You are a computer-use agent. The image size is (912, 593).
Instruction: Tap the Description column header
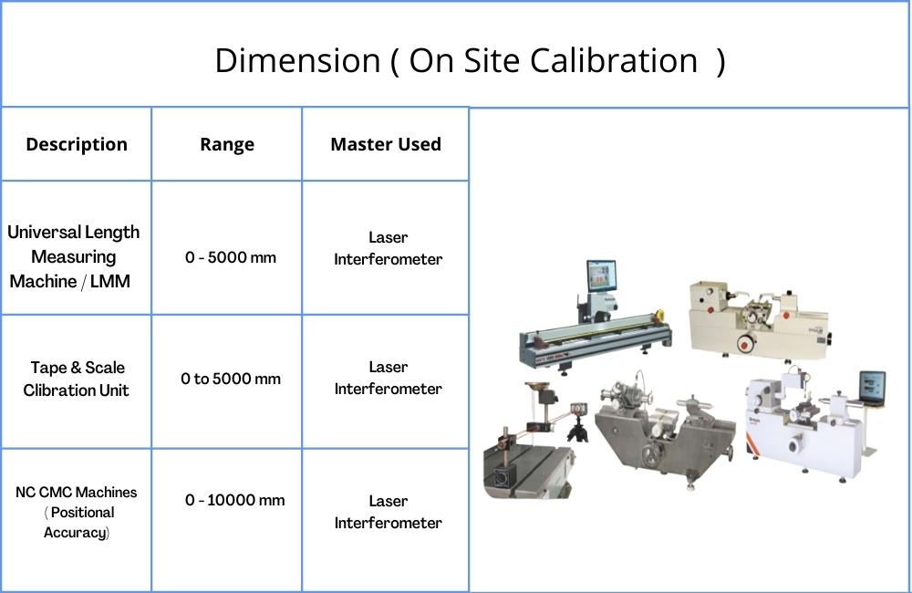point(77,144)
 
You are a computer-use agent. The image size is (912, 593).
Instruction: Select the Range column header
point(227,145)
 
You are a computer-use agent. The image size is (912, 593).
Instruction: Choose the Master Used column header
point(386,144)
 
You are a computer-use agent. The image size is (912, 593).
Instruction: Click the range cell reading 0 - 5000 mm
point(231,257)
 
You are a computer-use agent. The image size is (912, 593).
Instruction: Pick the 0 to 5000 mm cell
point(231,379)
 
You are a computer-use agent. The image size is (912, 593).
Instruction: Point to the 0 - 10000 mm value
point(235,500)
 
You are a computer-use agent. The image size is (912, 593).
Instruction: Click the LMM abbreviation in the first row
point(110,281)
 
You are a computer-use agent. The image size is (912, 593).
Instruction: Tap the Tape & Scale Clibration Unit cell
point(77,379)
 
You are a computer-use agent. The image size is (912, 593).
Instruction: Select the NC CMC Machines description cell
point(77,512)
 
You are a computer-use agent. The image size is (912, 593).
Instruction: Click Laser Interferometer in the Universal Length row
point(388,248)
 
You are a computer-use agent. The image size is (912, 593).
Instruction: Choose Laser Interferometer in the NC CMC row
point(388,512)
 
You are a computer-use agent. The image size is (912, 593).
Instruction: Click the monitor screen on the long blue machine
point(600,276)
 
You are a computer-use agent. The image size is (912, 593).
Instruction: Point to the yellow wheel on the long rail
point(658,315)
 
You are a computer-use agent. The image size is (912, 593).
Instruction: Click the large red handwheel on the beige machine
point(744,343)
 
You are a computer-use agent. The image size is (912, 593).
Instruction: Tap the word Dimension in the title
point(298,60)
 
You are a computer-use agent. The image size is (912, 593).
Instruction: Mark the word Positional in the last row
point(83,513)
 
